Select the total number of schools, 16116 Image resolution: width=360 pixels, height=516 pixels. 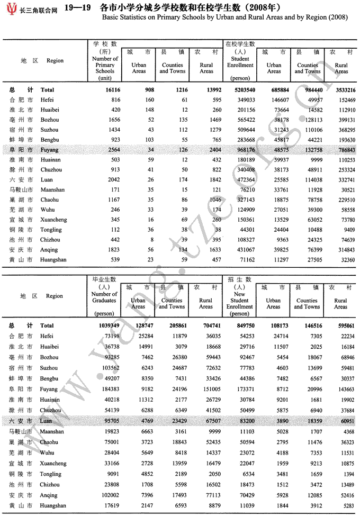(x=110, y=90)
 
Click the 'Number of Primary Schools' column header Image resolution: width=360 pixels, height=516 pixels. (x=105, y=65)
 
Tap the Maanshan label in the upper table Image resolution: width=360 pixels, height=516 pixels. (x=52, y=190)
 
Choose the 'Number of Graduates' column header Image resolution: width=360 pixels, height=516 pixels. (x=104, y=297)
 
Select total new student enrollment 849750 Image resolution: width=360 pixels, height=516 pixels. (x=241, y=326)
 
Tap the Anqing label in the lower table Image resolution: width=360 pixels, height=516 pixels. (x=49, y=496)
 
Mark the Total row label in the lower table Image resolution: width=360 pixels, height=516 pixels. (x=47, y=326)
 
